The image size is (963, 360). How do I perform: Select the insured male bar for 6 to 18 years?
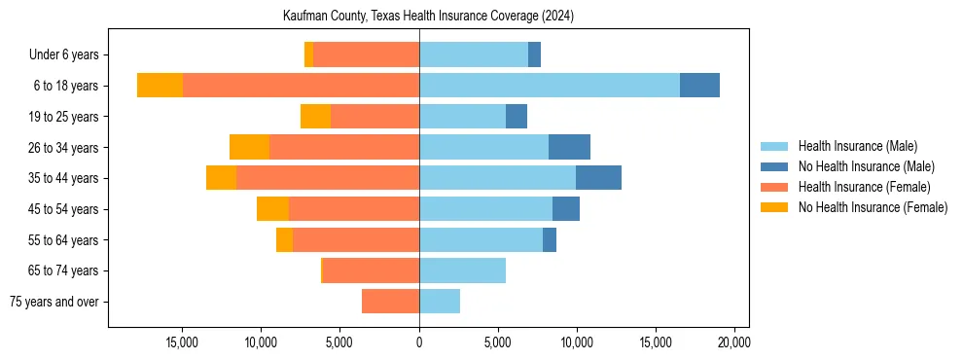550,86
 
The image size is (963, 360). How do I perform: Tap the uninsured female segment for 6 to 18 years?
160,86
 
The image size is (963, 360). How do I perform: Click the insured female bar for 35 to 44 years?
328,178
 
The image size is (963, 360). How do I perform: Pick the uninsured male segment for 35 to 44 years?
598,178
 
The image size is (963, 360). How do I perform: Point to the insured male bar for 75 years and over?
440,302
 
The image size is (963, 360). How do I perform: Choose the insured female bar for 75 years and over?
390,302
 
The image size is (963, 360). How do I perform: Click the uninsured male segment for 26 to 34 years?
569,147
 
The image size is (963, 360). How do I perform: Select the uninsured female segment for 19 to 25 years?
315,117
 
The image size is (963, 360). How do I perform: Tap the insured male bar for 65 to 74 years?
462,270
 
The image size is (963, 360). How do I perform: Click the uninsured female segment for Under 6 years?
308,54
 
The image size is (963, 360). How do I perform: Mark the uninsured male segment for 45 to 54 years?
566,209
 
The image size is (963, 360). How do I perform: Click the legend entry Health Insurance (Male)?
857,146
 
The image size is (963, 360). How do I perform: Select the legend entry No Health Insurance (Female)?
873,207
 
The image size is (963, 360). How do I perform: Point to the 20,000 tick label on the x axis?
732,342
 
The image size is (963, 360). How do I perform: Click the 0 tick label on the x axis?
419,342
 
